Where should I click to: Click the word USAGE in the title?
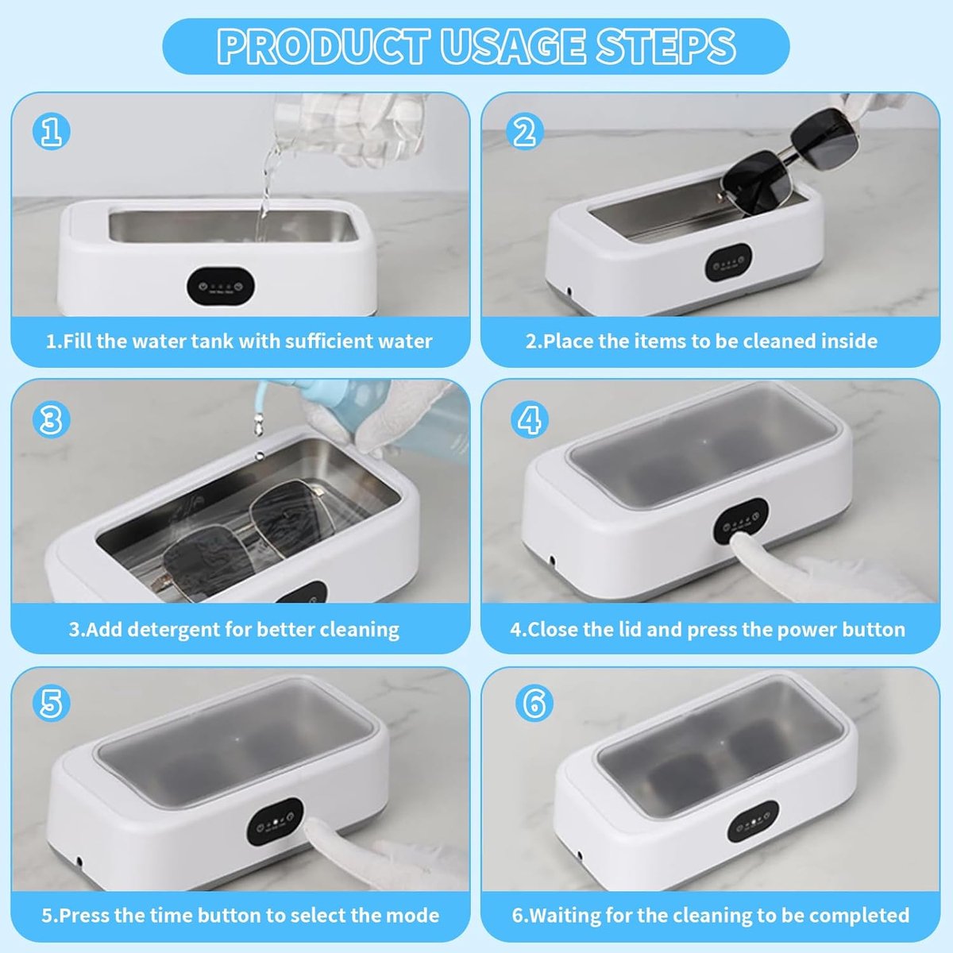click(x=512, y=46)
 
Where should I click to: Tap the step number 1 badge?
click(x=52, y=133)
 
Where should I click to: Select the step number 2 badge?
click(x=525, y=133)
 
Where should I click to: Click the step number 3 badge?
click(x=52, y=419)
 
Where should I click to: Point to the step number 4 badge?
click(x=529, y=419)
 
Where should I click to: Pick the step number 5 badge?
click(x=52, y=703)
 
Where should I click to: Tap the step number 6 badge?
click(x=534, y=703)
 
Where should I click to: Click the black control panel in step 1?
click(x=221, y=287)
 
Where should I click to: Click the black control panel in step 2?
click(x=729, y=262)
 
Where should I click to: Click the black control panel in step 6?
click(x=753, y=821)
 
